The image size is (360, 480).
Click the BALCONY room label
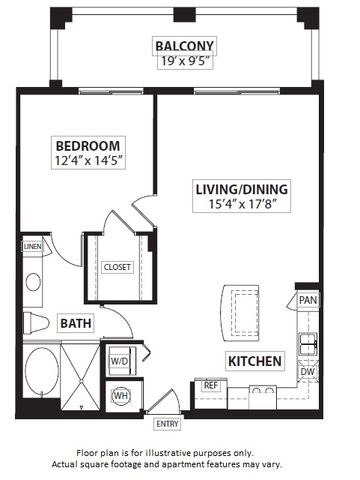point(185,45)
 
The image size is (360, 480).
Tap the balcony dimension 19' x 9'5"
point(185,62)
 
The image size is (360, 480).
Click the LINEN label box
point(32,246)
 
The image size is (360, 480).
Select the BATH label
point(75,323)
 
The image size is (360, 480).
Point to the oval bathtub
point(41,371)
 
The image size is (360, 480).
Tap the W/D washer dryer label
point(118,361)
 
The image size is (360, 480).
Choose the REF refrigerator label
point(210,385)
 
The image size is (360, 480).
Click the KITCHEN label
point(253,361)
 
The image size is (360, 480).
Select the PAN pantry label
point(307,299)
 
